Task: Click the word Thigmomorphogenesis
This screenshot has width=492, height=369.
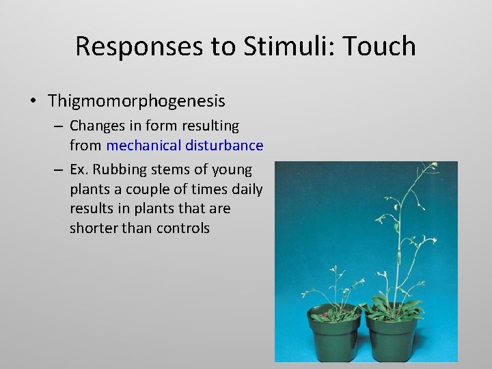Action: [x=136, y=101]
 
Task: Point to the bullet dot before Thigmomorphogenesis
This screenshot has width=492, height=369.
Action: [x=33, y=102]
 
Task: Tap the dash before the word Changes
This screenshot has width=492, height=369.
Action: [x=60, y=126]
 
